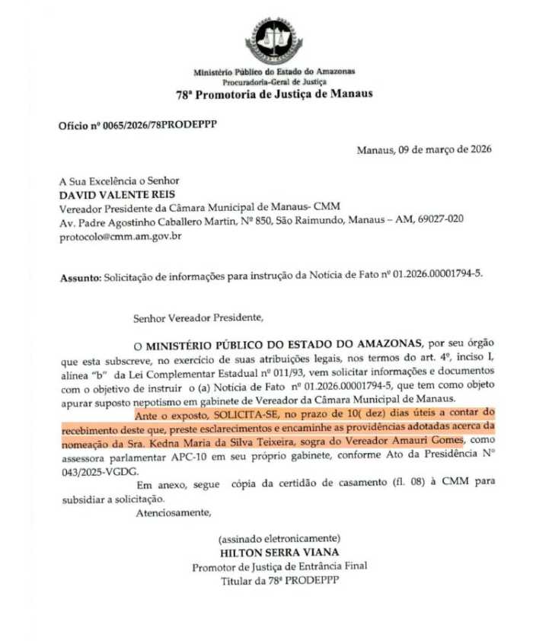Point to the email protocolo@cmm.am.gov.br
[120, 236]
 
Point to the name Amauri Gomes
[426, 443]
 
